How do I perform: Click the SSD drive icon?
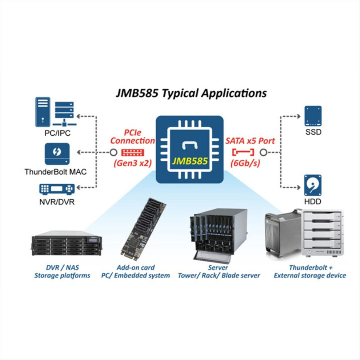point(313,116)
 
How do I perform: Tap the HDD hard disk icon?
point(313,185)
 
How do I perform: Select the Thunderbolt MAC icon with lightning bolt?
point(57,154)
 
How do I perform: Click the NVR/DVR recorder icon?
point(57,189)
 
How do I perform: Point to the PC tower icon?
point(43,112)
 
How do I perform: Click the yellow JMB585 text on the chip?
point(190,161)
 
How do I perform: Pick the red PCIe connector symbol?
point(132,152)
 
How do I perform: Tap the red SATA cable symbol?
point(243,152)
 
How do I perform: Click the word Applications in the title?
point(234,93)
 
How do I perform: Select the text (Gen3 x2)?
point(133,163)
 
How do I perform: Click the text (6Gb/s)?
point(245,163)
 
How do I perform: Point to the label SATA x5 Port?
point(250,141)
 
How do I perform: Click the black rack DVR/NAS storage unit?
point(67,243)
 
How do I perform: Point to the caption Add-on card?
point(136,268)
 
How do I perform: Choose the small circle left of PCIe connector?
point(113,152)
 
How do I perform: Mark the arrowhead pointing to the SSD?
point(299,116)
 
